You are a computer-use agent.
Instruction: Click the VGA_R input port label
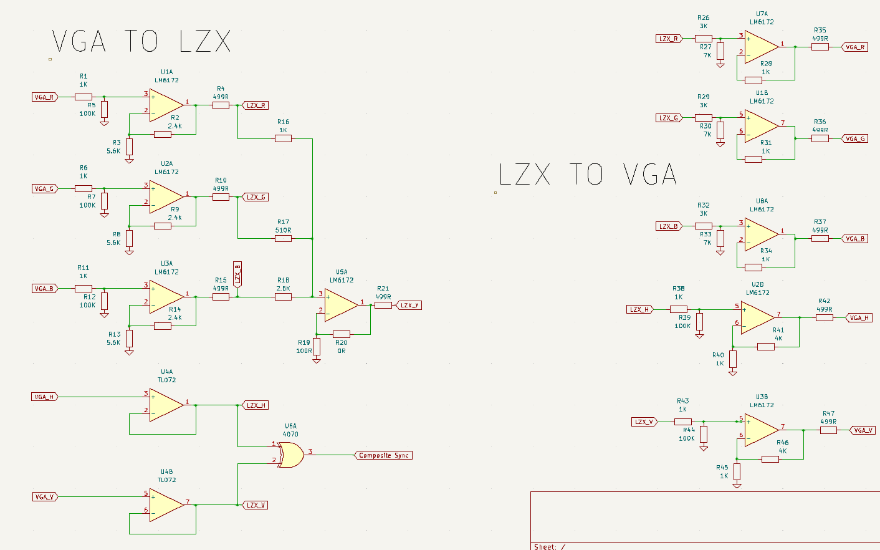tap(45, 97)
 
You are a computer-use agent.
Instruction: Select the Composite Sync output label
tap(383, 455)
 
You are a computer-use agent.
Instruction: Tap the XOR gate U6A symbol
tap(290, 455)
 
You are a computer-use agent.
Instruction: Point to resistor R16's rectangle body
tap(283, 138)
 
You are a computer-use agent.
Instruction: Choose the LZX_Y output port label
tap(409, 305)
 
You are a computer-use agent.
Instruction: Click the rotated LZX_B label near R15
tap(237, 274)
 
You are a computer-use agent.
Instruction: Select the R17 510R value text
tap(283, 230)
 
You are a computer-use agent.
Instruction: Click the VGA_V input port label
tap(45, 497)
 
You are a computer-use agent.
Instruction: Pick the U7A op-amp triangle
tap(762, 47)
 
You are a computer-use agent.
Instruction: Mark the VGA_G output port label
tap(854, 139)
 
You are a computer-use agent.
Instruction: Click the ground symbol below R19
tap(317, 360)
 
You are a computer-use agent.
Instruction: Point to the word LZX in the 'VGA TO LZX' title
tap(204, 41)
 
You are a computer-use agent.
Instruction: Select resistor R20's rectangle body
tap(342, 334)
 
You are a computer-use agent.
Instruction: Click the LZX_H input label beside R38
tap(640, 309)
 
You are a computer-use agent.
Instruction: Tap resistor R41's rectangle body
tap(766, 347)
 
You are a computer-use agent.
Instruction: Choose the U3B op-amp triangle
tap(762, 430)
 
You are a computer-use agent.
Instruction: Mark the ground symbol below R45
tap(737, 486)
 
